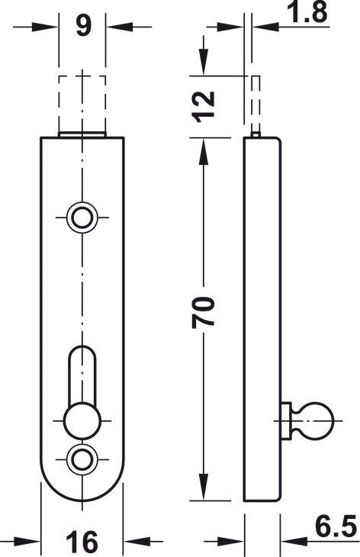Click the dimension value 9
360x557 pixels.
pos(84,26)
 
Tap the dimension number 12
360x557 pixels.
pos(204,105)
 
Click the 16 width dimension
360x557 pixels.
pos(82,542)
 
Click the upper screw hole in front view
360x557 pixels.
pos(82,217)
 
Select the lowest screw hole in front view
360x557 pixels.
pos(82,460)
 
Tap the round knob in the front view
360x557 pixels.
pos(82,421)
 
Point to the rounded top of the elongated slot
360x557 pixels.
pos(82,352)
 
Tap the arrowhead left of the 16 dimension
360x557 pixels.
pos(27,542)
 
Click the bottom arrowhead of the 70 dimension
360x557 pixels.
pos(203,488)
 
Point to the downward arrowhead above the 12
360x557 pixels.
pos(203,62)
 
